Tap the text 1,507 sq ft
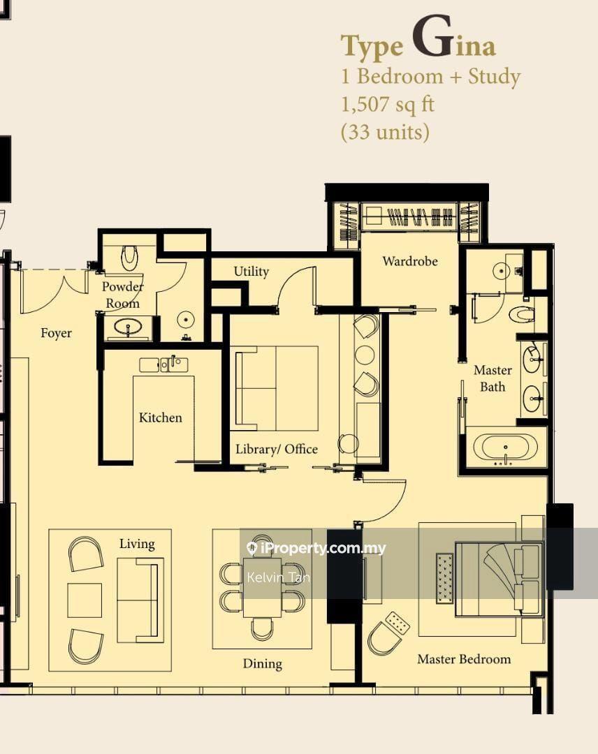[388, 104]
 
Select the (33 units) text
[385, 132]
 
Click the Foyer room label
[57, 333]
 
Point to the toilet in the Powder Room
[129, 258]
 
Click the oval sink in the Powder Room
[129, 327]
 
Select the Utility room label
[251, 272]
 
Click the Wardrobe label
[410, 261]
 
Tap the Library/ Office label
[277, 449]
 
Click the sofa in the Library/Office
[277, 388]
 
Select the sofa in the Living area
[138, 600]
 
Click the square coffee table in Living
[85, 600]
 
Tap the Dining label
[262, 664]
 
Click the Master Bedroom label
[464, 659]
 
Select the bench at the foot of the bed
[445, 578]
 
